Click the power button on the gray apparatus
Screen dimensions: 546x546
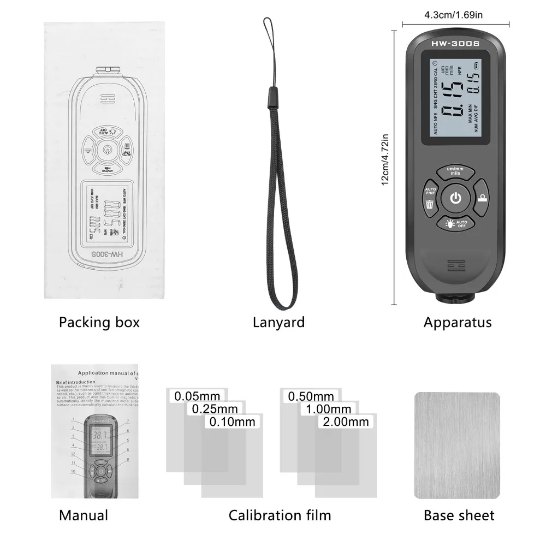click(x=456, y=198)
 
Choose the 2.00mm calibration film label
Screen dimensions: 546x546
click(x=345, y=422)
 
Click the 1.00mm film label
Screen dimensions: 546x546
click(x=328, y=408)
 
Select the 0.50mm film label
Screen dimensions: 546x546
click(x=310, y=395)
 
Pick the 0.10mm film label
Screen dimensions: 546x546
click(x=232, y=422)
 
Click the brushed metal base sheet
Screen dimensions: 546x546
click(x=457, y=445)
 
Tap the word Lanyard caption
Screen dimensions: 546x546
click(x=278, y=322)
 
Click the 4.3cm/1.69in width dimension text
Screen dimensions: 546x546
click(x=456, y=15)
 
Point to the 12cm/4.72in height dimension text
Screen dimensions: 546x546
click(x=385, y=160)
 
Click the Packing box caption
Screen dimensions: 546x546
click(x=99, y=322)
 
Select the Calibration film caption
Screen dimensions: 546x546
click(x=280, y=515)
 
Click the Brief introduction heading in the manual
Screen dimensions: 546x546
click(x=75, y=382)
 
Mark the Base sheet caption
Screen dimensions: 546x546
click(x=459, y=515)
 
